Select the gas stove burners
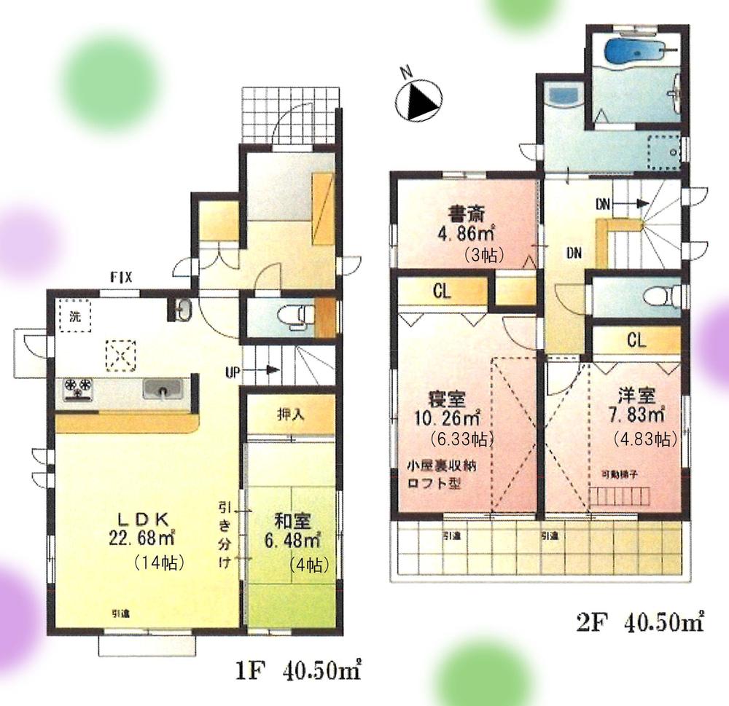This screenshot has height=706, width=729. click(79, 388)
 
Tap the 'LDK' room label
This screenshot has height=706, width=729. click(144, 519)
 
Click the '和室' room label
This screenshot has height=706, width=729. click(293, 521)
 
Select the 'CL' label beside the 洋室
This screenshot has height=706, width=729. click(635, 340)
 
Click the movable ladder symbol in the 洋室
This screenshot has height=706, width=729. click(616, 495)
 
